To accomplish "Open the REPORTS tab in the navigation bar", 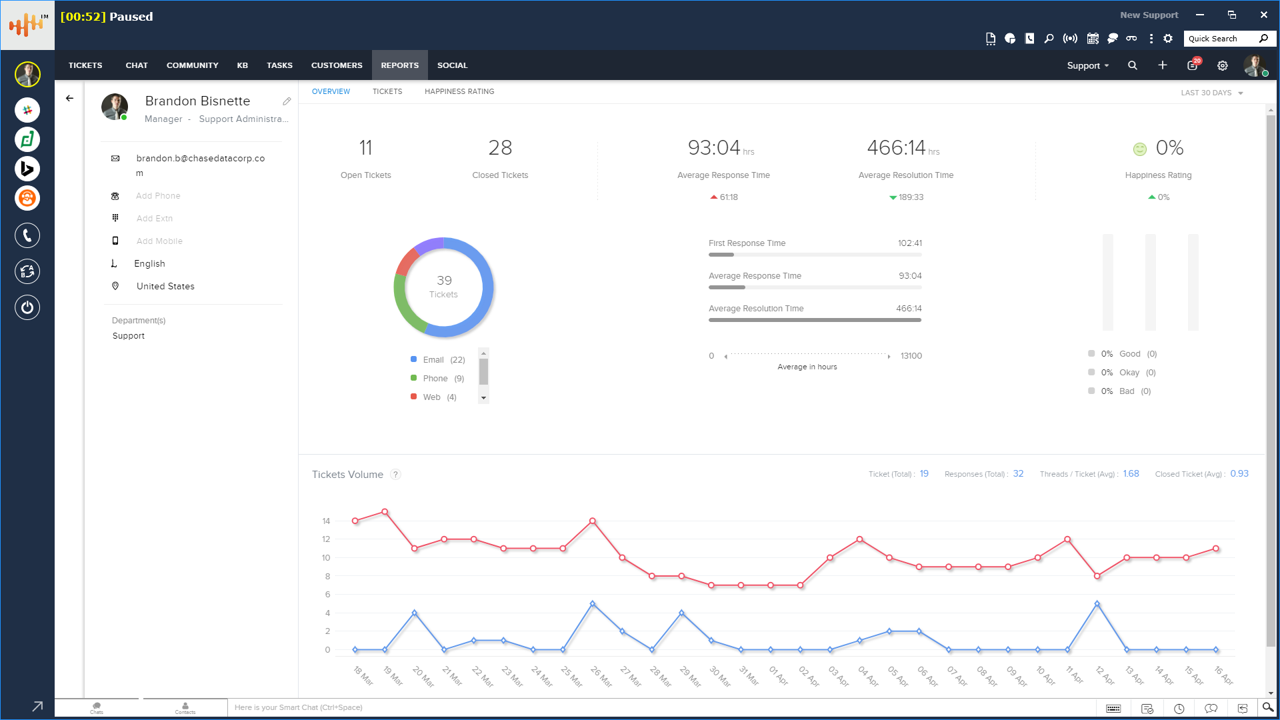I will click(399, 65).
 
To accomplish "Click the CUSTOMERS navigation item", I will click(337, 65).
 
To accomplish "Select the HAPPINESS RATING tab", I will click(459, 91).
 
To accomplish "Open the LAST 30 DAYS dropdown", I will click(1211, 93).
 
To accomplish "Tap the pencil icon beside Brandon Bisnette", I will click(287, 101).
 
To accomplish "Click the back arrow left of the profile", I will click(69, 98).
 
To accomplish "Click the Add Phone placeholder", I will click(158, 196).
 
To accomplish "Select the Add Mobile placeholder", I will click(159, 241).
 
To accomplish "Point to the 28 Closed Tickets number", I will click(500, 148).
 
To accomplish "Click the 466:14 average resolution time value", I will click(896, 148).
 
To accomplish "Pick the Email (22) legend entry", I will click(443, 360).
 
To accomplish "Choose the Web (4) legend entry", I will click(439, 397).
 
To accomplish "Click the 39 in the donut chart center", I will click(444, 281).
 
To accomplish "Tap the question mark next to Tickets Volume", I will click(395, 475).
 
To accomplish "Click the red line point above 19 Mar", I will click(385, 512).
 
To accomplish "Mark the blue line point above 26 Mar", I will click(593, 604).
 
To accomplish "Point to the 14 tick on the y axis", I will click(326, 521).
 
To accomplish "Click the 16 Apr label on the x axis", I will click(1223, 675).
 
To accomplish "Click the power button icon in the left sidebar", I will click(27, 307).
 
